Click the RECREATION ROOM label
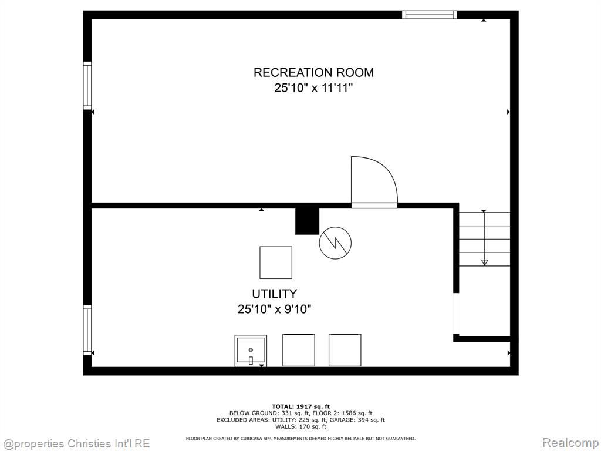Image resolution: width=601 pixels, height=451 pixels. [x=313, y=72]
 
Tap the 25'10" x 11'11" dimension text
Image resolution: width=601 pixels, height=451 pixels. [x=313, y=88]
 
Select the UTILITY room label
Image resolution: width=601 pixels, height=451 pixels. [x=275, y=294]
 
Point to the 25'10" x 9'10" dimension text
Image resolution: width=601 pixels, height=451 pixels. [x=275, y=309]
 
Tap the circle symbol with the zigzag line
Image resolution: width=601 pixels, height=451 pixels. [x=335, y=243]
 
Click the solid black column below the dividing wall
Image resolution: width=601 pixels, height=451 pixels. [x=307, y=221]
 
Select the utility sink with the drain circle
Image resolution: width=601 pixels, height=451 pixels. [x=251, y=351]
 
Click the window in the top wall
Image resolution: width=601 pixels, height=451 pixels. [x=429, y=15]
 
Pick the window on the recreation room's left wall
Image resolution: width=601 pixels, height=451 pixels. [x=87, y=86]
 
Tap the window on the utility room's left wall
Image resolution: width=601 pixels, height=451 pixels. [x=87, y=330]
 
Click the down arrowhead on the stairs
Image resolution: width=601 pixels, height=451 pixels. [x=484, y=262]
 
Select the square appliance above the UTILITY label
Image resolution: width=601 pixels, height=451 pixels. [x=276, y=262]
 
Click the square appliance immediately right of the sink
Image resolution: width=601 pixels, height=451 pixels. [x=299, y=350]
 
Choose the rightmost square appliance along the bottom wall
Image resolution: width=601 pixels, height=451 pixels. [x=345, y=350]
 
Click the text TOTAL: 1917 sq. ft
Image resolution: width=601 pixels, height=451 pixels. [x=300, y=406]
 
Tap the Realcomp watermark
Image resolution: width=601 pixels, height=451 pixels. [x=570, y=443]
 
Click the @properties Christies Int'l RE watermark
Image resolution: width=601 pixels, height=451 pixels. [x=76, y=444]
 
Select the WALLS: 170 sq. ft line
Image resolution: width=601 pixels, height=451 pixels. [x=300, y=426]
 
